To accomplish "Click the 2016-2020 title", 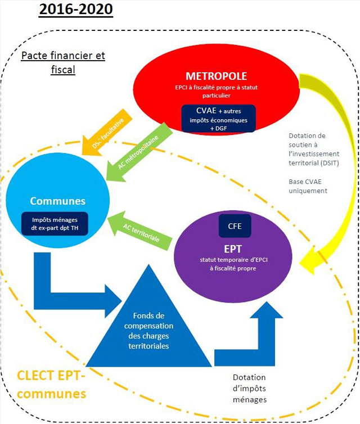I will pos(75,10).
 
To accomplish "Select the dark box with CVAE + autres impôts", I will pos(218,118).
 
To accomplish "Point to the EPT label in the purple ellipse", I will pos(234,247).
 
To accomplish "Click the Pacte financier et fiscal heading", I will pos(62,63).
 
